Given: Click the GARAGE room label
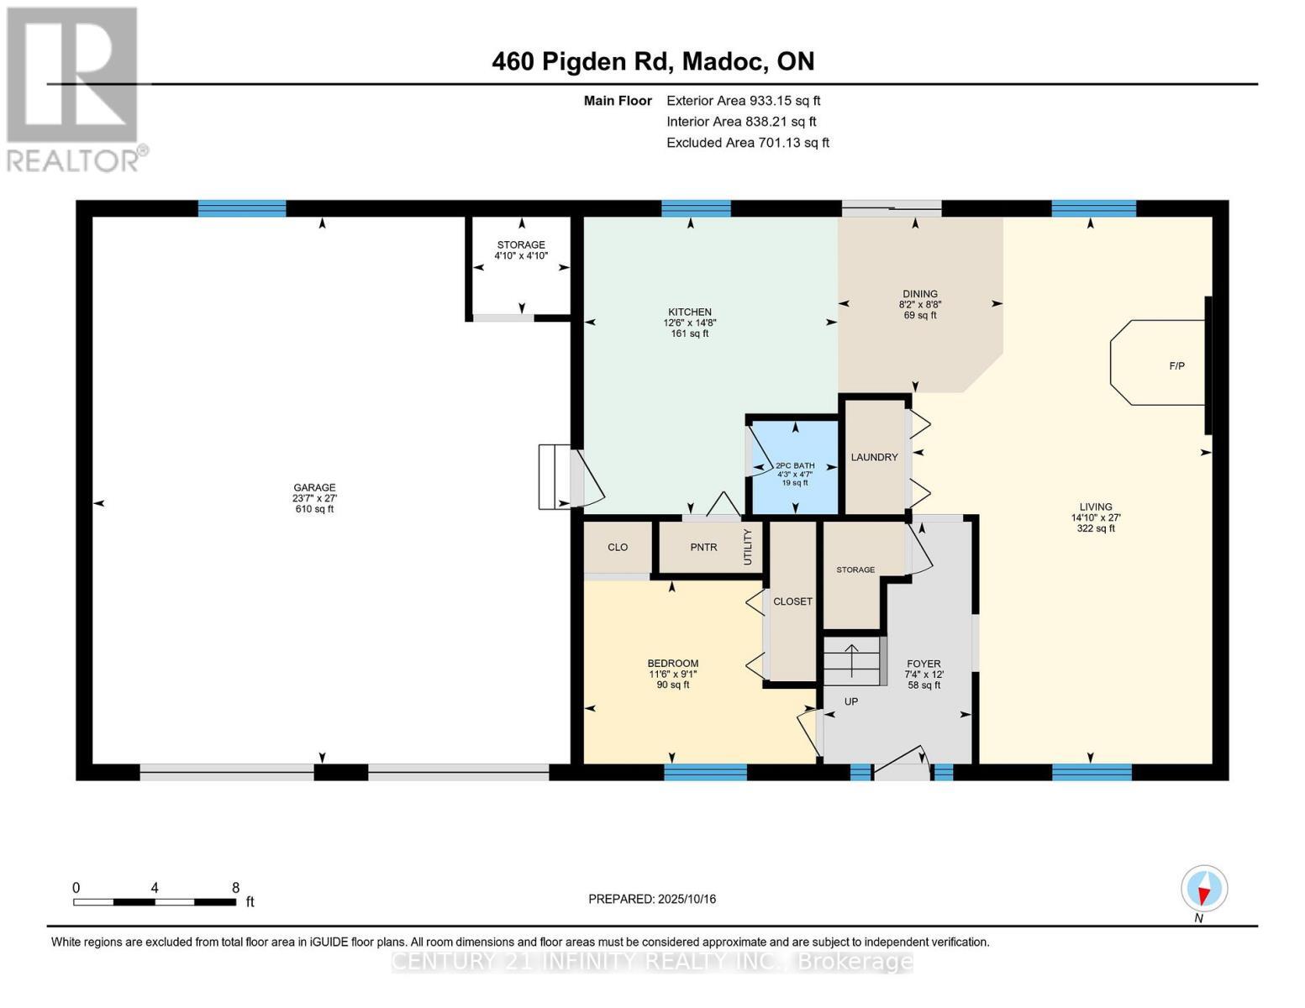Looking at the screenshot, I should [x=314, y=488].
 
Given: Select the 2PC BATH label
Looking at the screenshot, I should [x=794, y=466].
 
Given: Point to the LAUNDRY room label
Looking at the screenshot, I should [x=874, y=457].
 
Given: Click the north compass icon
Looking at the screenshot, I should [x=1203, y=889].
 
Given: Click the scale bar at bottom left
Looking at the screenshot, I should [x=155, y=901].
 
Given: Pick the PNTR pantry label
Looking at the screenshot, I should [x=703, y=548].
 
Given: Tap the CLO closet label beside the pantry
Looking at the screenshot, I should [x=618, y=548].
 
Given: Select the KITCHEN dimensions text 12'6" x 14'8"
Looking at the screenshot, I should [x=689, y=323].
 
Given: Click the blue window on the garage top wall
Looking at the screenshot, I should [x=242, y=209].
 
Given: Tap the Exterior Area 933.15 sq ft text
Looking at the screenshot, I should [x=743, y=101].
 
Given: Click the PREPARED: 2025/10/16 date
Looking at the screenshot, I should [x=652, y=899].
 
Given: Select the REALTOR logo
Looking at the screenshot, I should [x=75, y=88].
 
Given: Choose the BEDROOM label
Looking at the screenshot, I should [x=672, y=664].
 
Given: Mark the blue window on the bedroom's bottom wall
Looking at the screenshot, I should [x=705, y=772].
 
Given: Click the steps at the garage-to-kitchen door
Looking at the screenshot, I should [x=554, y=476].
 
